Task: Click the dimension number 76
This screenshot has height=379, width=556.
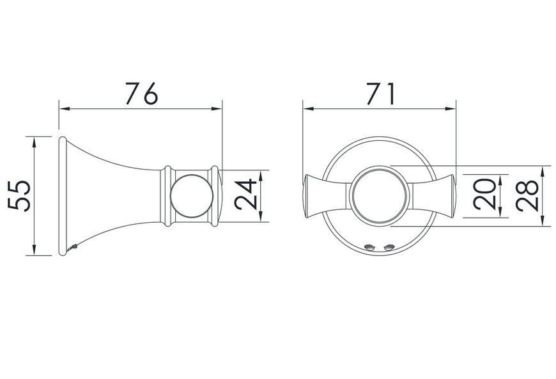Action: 141,93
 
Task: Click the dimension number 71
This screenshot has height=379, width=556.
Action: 380,93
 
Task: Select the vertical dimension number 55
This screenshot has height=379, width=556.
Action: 20,196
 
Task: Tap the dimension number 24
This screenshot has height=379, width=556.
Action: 245,194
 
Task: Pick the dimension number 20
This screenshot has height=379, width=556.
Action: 484,194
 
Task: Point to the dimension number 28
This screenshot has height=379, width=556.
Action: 527,196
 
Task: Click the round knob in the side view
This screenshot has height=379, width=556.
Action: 192,196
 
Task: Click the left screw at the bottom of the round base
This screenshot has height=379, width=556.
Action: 369,247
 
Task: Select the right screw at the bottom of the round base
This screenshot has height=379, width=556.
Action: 389,247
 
